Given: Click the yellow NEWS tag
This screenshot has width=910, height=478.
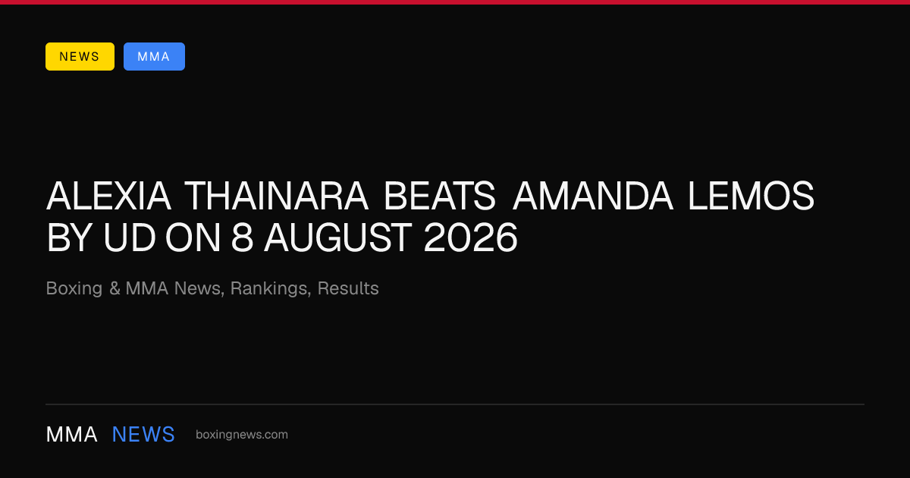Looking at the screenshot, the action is pos(80,56).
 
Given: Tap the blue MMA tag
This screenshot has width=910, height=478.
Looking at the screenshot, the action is pos(154,56).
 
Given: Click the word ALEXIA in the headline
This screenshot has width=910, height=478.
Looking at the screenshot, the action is pos(108,196).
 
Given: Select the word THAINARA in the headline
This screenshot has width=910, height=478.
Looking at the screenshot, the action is pos(277,196).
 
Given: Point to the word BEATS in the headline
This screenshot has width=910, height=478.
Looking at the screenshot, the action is pos(440,196).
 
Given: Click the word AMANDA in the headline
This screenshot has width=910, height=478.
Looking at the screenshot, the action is pos(593,196).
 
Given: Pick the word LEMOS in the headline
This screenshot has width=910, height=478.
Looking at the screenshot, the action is pos(751,196).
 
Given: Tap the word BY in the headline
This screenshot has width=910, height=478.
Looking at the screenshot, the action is pos(69,237).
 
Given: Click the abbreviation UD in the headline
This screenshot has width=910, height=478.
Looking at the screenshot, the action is pos(129,237).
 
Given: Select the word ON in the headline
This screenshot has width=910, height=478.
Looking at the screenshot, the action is pos(193,237).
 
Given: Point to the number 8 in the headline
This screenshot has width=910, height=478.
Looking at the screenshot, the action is pos(242,237).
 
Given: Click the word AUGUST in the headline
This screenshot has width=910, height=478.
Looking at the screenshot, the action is pos(338,237).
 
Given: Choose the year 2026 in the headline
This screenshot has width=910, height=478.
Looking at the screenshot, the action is pos(470,237).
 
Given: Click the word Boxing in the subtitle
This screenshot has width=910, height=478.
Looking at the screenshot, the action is pos(74,289).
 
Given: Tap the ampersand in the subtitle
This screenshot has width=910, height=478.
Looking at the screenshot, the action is pos(115,288).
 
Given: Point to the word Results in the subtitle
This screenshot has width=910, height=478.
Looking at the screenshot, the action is pos(348,288).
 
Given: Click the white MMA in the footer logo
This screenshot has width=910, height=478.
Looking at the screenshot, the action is pos(71,435).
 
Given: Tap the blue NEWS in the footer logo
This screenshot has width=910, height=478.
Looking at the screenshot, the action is pos(143,435).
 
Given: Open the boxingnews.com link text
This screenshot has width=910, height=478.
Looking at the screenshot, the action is pos(242,435).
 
